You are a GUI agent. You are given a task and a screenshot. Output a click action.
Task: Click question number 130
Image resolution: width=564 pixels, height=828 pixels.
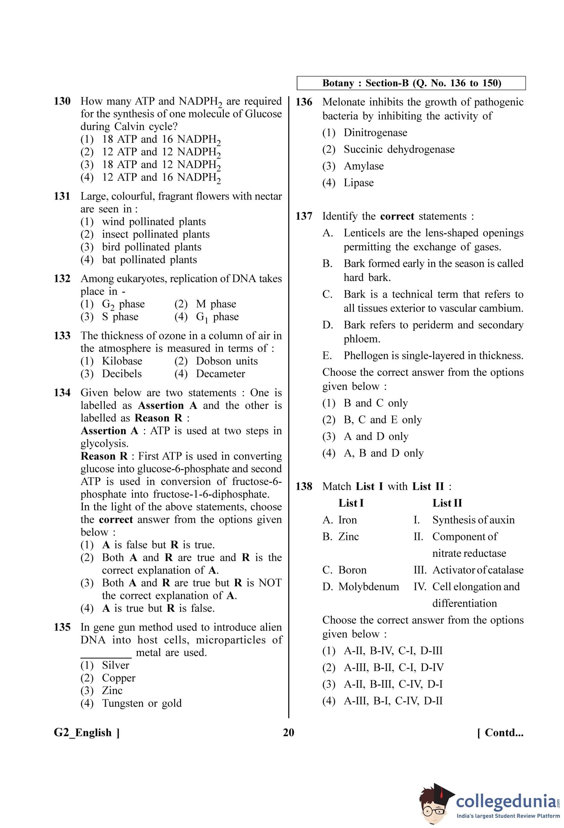[x=62, y=102]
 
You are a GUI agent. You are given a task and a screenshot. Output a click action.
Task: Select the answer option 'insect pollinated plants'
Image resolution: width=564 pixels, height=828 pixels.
[x=155, y=235]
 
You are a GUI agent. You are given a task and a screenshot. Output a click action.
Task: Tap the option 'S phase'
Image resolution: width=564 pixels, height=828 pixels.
[x=120, y=317]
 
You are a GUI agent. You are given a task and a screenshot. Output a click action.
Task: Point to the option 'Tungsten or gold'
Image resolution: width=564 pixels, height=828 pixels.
[x=142, y=703]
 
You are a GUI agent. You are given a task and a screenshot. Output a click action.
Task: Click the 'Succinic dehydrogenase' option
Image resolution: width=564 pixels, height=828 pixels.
[x=399, y=149]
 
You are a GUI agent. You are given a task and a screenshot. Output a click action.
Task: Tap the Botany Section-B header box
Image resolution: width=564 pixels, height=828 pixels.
[x=411, y=83]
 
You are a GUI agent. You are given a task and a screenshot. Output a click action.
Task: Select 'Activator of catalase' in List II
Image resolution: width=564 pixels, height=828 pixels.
[x=478, y=570]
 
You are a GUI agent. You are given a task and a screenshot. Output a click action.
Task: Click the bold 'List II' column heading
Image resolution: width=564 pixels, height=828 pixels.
[x=447, y=503]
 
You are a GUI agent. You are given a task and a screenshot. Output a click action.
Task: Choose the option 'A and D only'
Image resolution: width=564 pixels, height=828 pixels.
[x=376, y=437]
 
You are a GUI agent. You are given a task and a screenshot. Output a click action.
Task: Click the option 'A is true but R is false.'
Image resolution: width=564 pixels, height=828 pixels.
[x=158, y=608]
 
